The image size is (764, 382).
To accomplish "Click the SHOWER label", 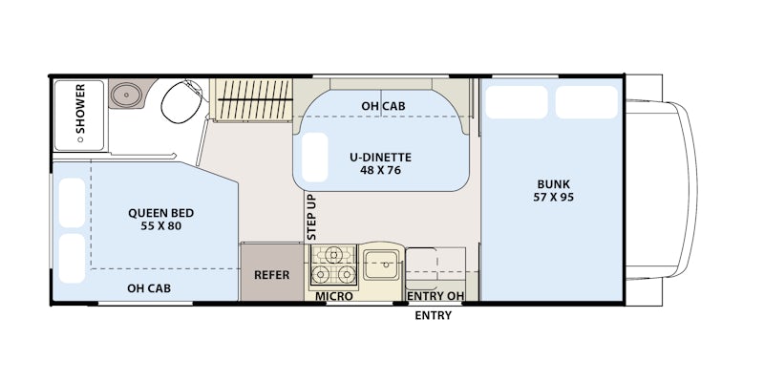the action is (x=80, y=109).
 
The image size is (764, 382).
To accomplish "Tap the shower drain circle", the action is (x=80, y=139).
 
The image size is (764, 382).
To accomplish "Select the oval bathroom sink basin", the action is (x=126, y=94).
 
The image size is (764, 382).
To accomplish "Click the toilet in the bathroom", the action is (x=181, y=101).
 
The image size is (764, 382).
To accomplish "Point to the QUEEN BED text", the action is (x=160, y=213).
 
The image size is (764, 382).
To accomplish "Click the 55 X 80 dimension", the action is (x=160, y=226).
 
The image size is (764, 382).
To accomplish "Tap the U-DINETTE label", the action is (x=380, y=158).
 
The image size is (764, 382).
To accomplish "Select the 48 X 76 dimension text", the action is (x=380, y=170).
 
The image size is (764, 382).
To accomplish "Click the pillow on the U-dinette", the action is (x=314, y=157).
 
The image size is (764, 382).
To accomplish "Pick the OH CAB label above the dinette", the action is (x=383, y=106).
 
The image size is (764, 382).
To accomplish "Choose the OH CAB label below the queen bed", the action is (x=149, y=288).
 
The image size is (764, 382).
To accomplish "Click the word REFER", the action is (x=271, y=275).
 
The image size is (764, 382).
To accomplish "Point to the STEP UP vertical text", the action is (x=312, y=217).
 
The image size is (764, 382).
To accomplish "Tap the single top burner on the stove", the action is (x=333, y=254).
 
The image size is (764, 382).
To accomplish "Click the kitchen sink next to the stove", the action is (x=381, y=265).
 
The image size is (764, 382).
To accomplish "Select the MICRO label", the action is (x=333, y=296).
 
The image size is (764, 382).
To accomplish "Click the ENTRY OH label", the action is (x=435, y=296).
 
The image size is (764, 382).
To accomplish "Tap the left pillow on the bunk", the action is (x=517, y=102).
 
